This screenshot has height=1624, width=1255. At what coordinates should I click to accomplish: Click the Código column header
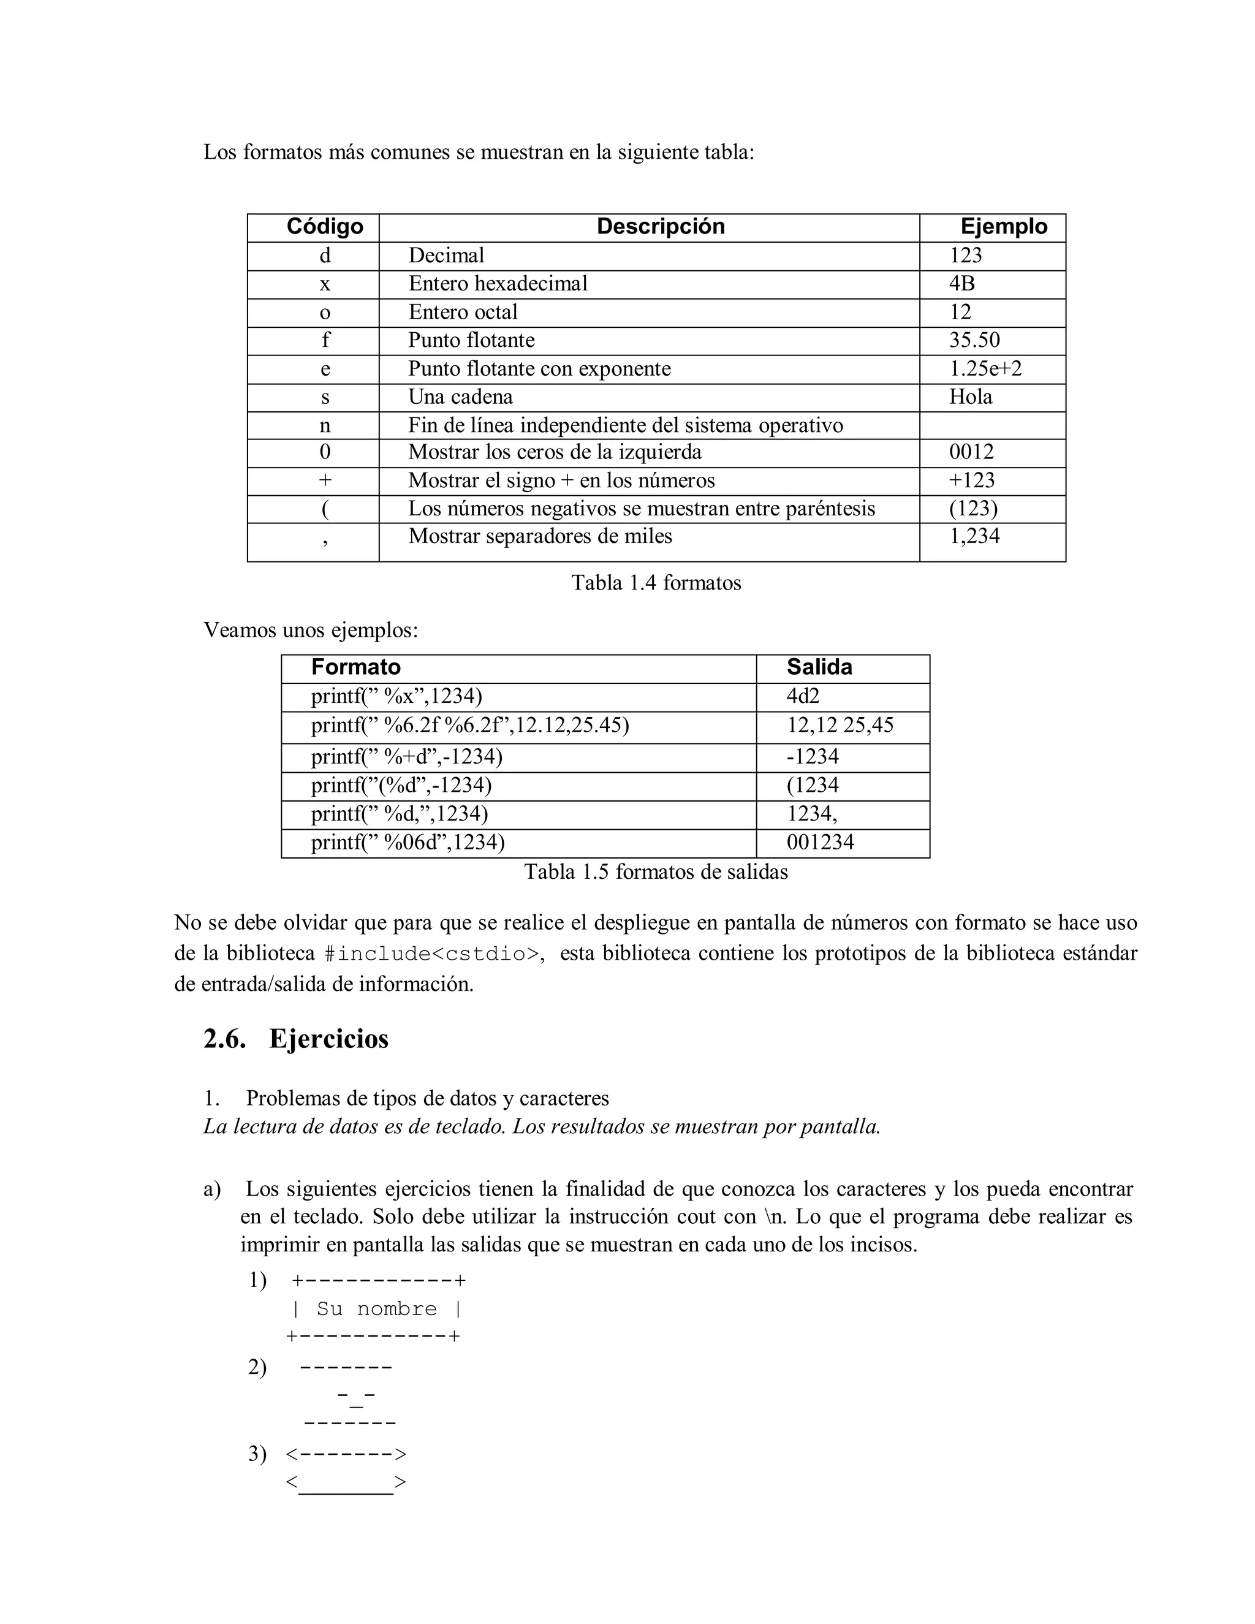click(325, 227)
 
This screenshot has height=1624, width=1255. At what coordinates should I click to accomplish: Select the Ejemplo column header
click(1003, 227)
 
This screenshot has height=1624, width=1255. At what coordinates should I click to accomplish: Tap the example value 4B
click(961, 283)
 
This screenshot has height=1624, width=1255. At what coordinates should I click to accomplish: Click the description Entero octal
click(463, 313)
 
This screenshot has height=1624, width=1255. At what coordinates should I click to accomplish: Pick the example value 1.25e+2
click(985, 369)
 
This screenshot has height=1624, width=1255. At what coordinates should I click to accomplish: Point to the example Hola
click(970, 397)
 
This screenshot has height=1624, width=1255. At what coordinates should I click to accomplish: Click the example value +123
click(971, 480)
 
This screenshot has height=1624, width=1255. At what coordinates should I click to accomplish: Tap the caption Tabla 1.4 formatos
click(656, 583)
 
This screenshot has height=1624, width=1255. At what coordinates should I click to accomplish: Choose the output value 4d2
click(803, 697)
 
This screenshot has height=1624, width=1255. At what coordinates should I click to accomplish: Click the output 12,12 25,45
click(840, 726)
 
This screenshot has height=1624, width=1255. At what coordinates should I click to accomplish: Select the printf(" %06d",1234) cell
click(408, 843)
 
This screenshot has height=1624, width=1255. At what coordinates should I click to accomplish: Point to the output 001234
click(820, 843)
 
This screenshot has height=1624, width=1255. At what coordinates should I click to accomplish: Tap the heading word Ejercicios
click(328, 1039)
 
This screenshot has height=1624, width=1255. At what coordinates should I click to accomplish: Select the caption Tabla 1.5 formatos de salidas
click(656, 872)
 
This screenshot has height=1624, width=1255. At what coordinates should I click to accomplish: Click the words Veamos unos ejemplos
click(311, 631)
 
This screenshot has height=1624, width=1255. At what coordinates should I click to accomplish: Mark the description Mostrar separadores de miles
click(540, 536)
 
